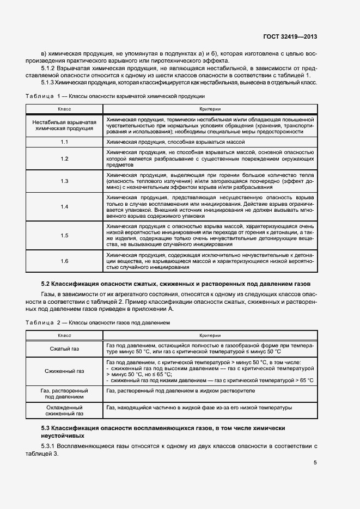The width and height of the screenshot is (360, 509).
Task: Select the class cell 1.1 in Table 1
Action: click(64, 142)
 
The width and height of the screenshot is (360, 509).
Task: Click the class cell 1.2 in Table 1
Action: click(64, 158)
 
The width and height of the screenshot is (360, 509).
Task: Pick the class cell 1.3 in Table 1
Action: click(64, 181)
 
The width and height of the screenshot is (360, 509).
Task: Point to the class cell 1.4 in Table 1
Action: click(64, 206)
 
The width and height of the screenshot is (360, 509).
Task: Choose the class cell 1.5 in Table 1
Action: click(64, 235)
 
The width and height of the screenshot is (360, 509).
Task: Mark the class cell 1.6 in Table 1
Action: click(64, 261)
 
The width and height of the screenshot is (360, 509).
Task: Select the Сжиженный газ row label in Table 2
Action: click(64, 371)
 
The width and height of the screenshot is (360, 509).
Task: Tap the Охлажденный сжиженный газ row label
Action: click(64, 411)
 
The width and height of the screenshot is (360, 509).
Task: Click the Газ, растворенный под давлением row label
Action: click(64, 394)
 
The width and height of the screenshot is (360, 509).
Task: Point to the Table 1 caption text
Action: click(115, 96)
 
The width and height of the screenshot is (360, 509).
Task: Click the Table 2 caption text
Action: click(98, 323)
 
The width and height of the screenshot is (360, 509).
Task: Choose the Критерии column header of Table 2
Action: click(210, 335)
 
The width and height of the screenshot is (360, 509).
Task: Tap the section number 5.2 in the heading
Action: click(46, 284)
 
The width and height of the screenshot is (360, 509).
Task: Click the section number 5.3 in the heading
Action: click(46, 428)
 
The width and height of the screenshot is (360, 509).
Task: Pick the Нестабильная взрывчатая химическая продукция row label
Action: click(64, 126)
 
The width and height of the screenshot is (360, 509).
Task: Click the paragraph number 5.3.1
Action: click(50, 446)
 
